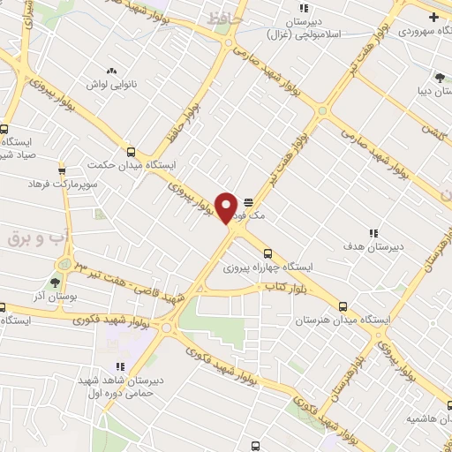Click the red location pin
coord(227,207)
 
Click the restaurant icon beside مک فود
coord(248,200)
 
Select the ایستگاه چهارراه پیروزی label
coord(280,266)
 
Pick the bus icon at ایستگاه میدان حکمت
coord(132,151)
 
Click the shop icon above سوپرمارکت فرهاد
coord(62,170)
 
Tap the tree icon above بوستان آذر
coord(56,282)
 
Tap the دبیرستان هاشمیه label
coord(421,417)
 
